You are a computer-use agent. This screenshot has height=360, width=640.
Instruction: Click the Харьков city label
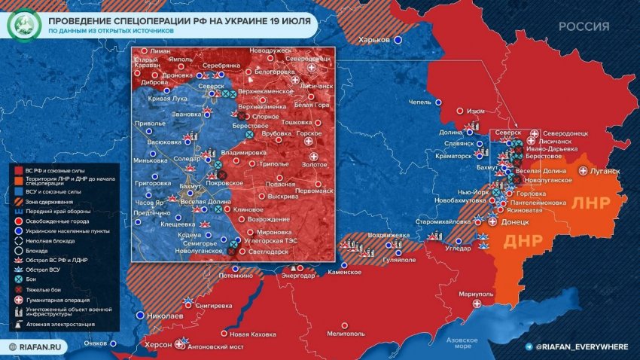click(x=375, y=39)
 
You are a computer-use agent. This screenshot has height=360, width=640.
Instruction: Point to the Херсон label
click(x=158, y=343)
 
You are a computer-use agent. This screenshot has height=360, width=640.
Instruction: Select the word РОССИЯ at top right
click(x=584, y=26)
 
